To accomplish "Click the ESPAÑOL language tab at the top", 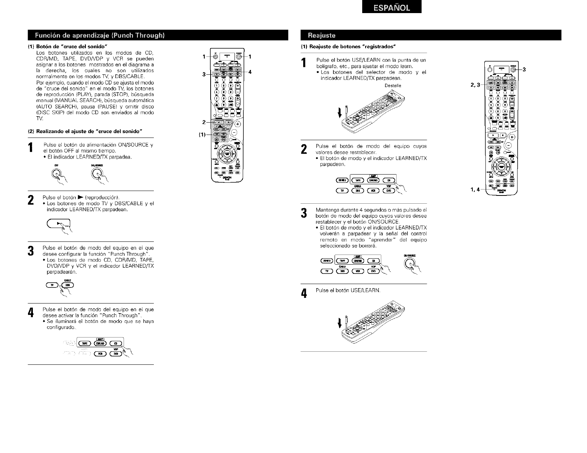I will (391, 7).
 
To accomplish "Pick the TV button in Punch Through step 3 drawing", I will (52, 285).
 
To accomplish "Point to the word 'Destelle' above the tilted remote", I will (393, 85).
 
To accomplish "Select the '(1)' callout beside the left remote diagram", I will (202, 135).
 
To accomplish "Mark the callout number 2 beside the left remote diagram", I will (204, 122).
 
